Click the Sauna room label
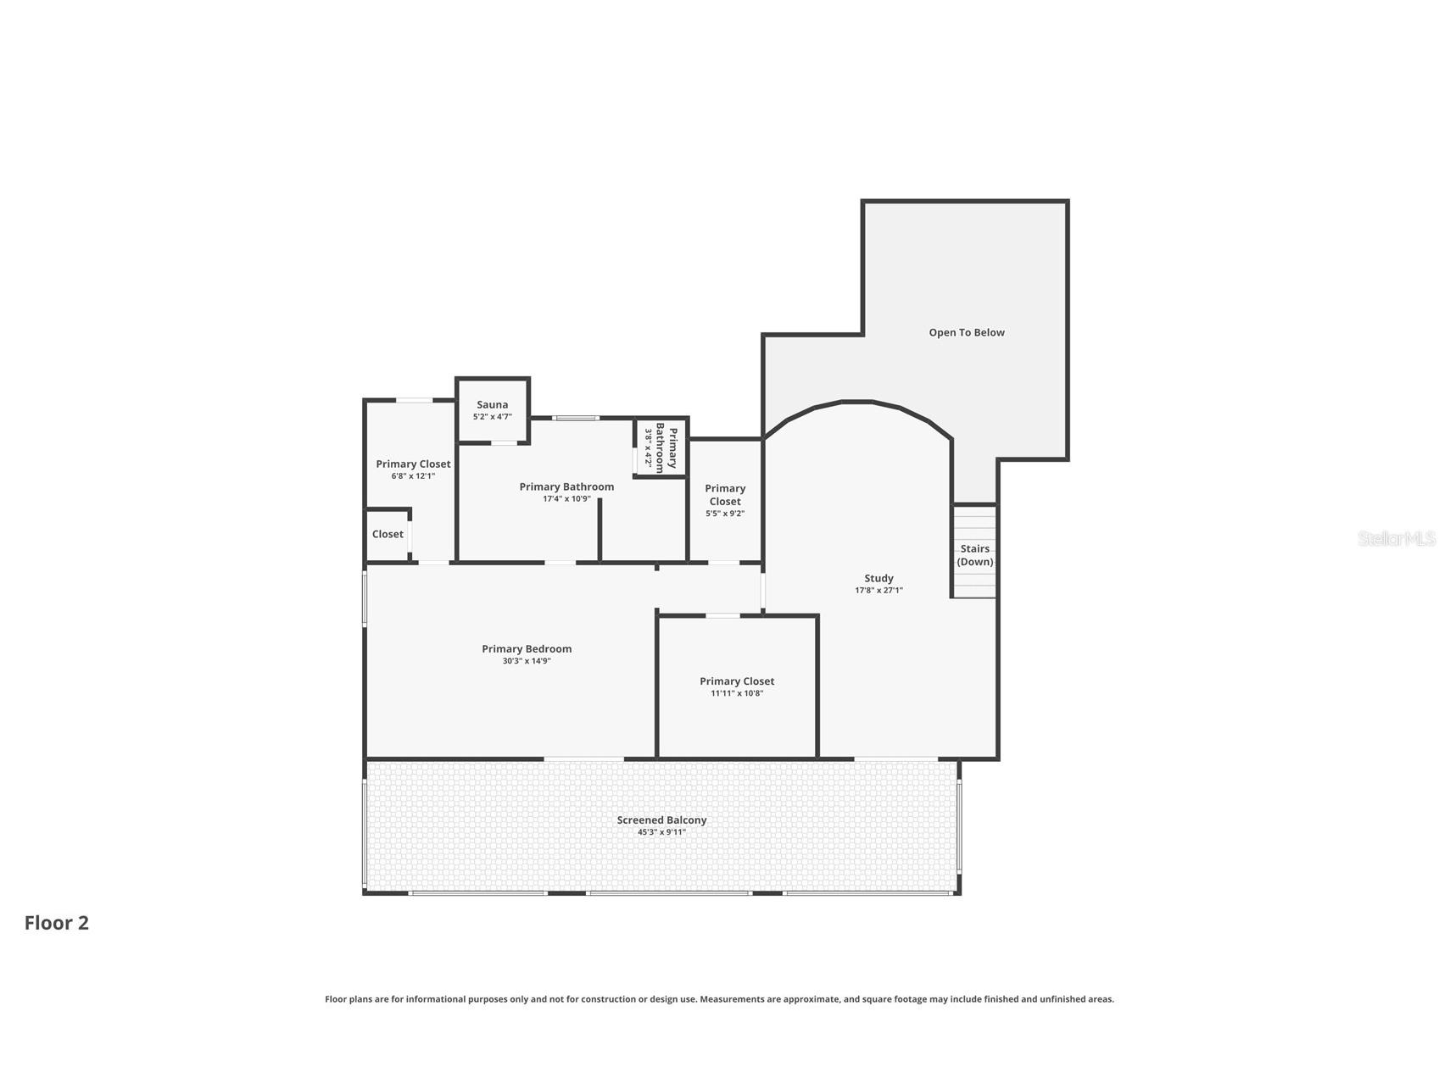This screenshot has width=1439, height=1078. (x=492, y=405)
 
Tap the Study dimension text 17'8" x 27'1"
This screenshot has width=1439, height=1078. (x=878, y=591)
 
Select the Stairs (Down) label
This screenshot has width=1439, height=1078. (x=974, y=555)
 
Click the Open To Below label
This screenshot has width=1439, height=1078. (x=966, y=332)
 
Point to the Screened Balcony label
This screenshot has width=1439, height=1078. (x=661, y=820)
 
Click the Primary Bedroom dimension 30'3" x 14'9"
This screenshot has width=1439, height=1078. (x=527, y=661)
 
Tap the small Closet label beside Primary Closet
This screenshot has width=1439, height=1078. (x=388, y=534)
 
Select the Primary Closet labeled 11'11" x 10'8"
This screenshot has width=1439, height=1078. (x=737, y=681)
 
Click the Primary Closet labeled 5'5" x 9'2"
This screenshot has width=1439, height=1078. (x=725, y=495)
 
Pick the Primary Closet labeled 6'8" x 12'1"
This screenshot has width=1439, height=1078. (x=413, y=464)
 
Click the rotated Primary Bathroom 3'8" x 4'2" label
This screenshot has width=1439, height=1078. (x=661, y=448)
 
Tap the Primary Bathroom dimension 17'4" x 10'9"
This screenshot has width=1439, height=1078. (x=566, y=499)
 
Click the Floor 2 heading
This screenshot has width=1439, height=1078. (x=57, y=923)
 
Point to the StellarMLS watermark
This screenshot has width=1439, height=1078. (x=1396, y=538)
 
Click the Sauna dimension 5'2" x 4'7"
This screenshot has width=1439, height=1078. (x=492, y=417)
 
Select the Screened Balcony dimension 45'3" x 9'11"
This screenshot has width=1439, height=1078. (x=661, y=832)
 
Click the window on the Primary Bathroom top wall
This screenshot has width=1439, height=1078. (x=576, y=418)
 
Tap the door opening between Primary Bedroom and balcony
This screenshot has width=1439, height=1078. (x=583, y=758)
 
